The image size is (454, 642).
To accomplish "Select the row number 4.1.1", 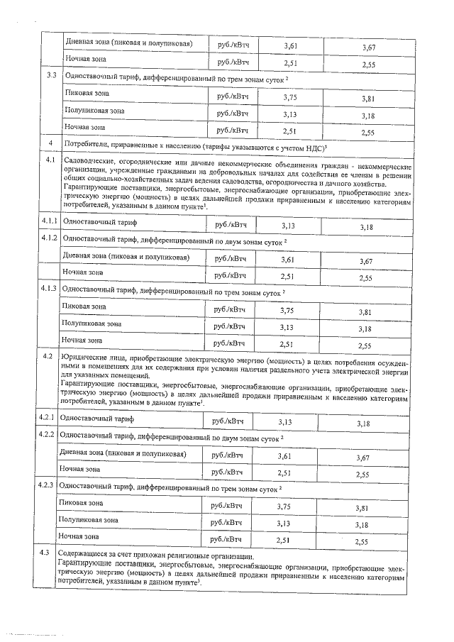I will (x=49, y=222).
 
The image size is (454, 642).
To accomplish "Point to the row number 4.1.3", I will (x=48, y=289).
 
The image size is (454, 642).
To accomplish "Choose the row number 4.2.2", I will (x=46, y=433).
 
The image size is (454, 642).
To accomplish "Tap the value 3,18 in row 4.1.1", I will (x=366, y=227).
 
